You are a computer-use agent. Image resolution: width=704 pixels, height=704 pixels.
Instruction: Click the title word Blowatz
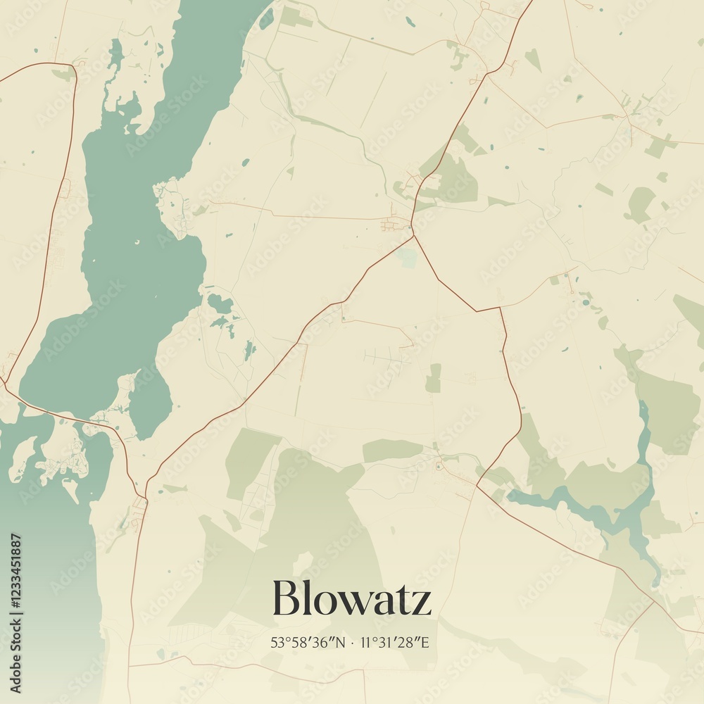click(x=351, y=598)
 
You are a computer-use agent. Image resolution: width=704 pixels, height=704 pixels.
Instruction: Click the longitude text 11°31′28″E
click(x=394, y=643)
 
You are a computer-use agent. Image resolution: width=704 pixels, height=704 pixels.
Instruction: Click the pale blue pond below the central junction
click(x=407, y=258)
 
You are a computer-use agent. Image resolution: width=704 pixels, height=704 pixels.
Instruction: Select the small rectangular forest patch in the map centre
click(x=433, y=378)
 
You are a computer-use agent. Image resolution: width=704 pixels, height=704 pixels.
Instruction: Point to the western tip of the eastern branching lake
click(x=511, y=496)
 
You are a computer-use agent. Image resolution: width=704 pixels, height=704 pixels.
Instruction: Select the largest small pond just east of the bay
click(x=220, y=304)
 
